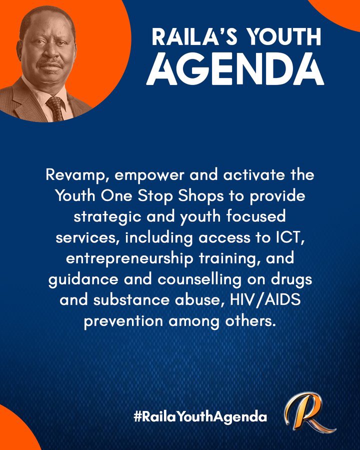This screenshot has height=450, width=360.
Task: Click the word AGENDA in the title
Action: (235, 69)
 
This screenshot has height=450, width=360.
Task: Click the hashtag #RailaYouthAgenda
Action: (200, 416)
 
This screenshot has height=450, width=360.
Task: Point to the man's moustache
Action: (50, 63)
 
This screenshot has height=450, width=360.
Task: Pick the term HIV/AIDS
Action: (265, 300)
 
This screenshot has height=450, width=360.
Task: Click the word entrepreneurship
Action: (129, 259)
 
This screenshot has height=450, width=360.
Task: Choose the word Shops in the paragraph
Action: (200, 196)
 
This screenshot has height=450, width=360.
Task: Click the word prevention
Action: (123, 321)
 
